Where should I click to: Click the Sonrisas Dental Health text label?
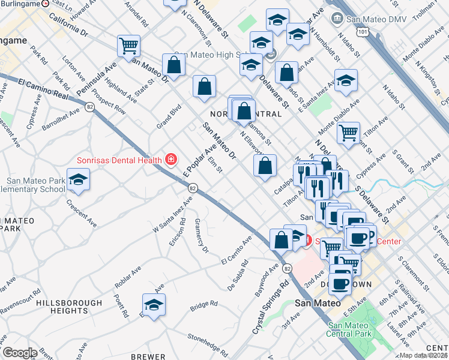point(119,160)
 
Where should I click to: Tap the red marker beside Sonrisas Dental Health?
point(171,159)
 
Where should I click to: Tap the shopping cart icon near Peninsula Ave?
point(129,46)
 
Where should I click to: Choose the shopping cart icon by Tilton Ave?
point(348,133)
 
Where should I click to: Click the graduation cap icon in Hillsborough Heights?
point(154,305)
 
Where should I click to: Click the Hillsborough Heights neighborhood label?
point(62,307)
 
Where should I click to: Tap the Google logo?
point(20,352)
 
